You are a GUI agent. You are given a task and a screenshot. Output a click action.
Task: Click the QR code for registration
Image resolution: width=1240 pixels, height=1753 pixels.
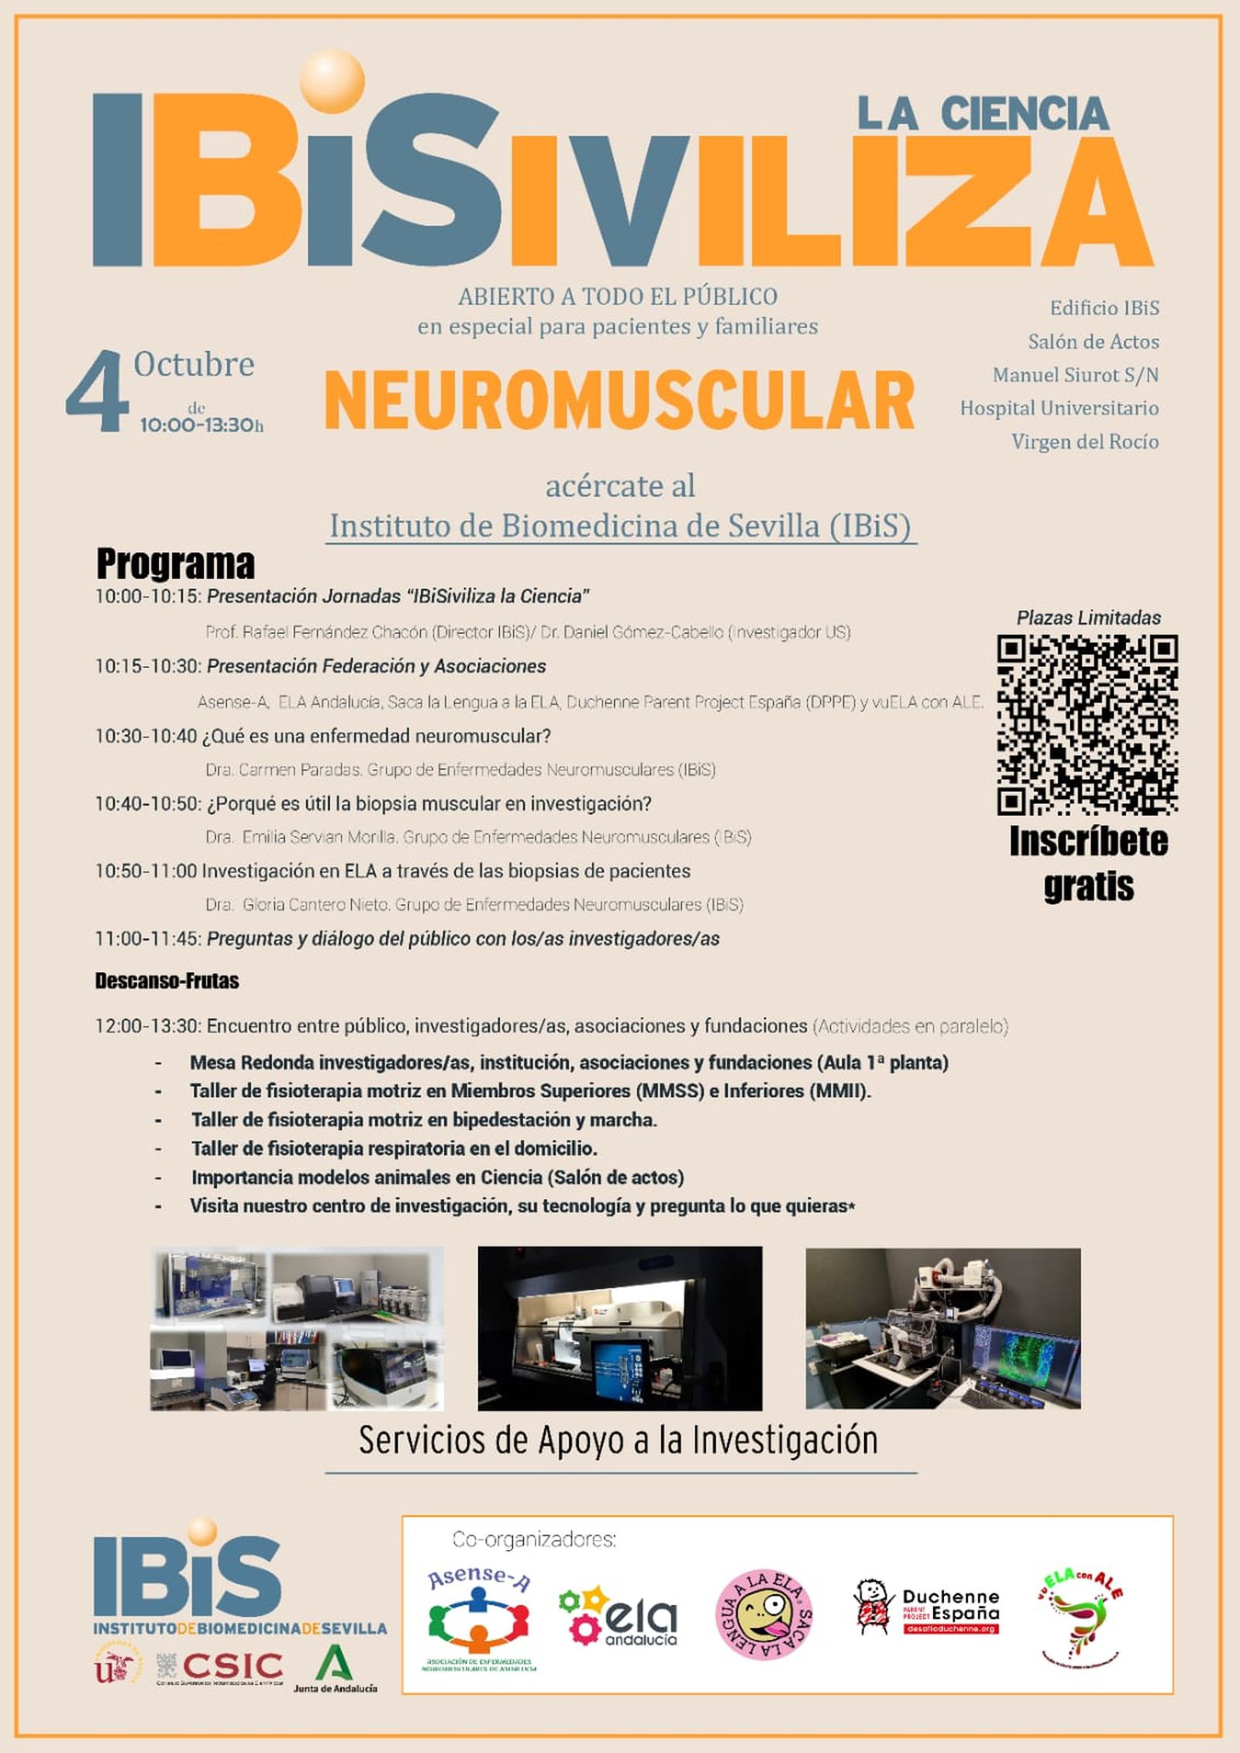coord(1087,724)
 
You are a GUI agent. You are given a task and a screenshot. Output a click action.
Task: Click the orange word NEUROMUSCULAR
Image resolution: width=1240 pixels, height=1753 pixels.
coord(619,401)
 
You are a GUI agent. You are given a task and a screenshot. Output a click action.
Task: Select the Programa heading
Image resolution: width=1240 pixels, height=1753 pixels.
coord(175,563)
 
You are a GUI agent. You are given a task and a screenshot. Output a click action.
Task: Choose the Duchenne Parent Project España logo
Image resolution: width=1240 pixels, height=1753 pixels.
coord(926,1608)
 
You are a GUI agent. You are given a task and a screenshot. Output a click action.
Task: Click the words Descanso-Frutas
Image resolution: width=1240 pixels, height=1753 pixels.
coord(167,981)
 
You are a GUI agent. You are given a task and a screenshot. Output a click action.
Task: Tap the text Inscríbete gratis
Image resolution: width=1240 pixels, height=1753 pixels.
coord(1088,863)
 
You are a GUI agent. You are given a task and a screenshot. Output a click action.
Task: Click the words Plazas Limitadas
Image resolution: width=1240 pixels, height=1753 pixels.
coord(1088,618)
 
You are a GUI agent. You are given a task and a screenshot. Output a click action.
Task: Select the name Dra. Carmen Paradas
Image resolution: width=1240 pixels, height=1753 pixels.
coord(284,770)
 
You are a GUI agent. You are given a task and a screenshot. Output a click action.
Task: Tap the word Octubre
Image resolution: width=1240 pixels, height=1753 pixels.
coord(194,364)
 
